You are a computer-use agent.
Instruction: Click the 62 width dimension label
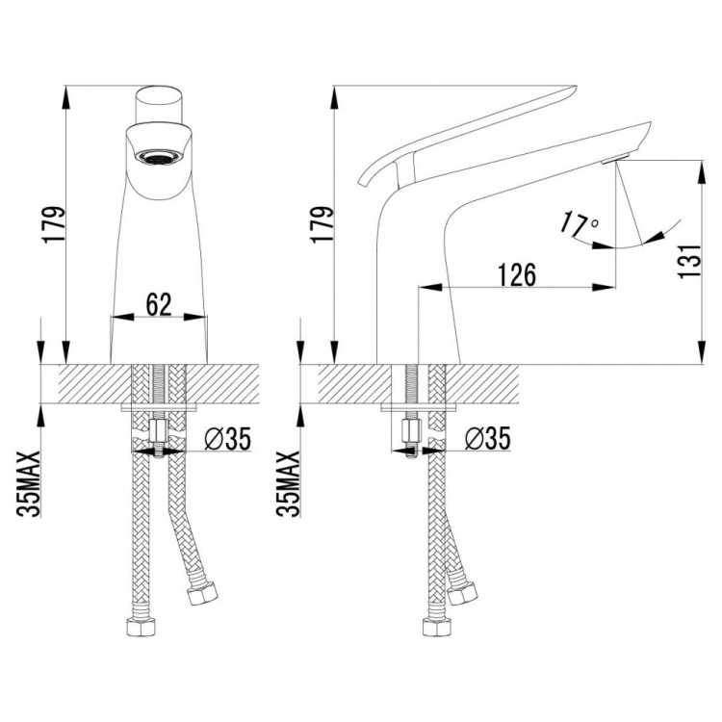click(159, 304)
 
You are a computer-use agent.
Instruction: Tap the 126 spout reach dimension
click(517, 275)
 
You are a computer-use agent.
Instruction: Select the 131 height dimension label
click(689, 261)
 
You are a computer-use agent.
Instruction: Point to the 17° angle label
click(579, 224)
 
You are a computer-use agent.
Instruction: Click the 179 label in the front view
click(53, 225)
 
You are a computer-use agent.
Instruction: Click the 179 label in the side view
click(322, 225)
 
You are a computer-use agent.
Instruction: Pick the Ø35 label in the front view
click(228, 438)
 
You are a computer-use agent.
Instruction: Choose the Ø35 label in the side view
click(488, 438)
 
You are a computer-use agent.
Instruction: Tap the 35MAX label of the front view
click(28, 483)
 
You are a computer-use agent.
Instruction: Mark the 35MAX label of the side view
click(288, 483)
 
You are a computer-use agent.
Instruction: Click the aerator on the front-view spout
click(158, 157)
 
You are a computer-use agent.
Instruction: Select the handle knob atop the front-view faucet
click(159, 105)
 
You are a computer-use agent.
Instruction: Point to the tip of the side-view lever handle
click(576, 86)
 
